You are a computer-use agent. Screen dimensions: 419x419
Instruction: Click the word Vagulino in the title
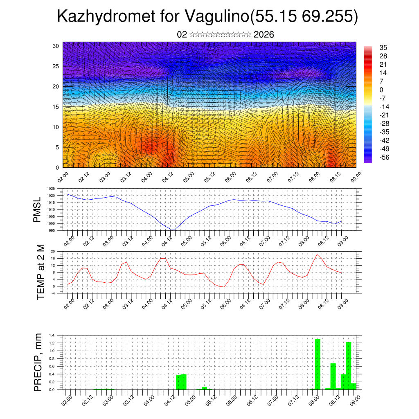pos(217,16)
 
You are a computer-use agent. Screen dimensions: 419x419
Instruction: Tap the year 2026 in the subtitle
pos(264,35)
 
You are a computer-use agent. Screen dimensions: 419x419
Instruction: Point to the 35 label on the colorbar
pos(383,47)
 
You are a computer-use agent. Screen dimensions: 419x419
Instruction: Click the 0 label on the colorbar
pos(381,90)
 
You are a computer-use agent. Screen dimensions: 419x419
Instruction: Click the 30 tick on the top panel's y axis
pos(56,46)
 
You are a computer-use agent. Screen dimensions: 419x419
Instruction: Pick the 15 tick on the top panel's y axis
pos(56,107)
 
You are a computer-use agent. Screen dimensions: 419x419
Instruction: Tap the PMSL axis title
pos(37,209)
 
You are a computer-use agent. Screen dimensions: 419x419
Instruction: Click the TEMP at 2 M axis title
pos(40,272)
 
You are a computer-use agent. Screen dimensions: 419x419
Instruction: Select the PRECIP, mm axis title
pos(38,362)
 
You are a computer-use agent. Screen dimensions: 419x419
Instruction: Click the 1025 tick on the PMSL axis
pos(51,189)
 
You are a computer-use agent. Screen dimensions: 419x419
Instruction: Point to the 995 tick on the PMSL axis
pos(52,230)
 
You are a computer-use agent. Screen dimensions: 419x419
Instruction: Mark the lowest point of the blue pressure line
pos(173,229)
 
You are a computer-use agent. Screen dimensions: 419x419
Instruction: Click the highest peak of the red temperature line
pos(317,255)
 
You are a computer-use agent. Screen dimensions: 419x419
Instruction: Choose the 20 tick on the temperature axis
pos(53,251)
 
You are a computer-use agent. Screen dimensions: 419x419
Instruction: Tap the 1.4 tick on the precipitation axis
pos(52,335)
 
